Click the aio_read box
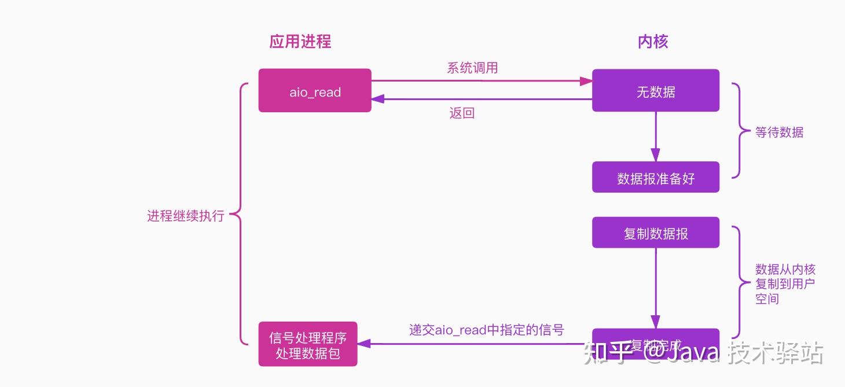315,91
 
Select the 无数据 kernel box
655,91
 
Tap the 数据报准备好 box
655,178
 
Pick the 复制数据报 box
655,233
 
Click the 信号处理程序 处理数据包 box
308,344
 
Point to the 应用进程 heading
300,42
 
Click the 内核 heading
653,42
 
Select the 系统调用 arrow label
472,68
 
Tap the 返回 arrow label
462,113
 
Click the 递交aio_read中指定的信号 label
486,330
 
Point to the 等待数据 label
779,132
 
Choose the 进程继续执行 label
185,216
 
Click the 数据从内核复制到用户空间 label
785,284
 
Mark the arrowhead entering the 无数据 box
586,81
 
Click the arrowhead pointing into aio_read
378,99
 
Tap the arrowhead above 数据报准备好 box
655,155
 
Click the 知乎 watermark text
605,353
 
